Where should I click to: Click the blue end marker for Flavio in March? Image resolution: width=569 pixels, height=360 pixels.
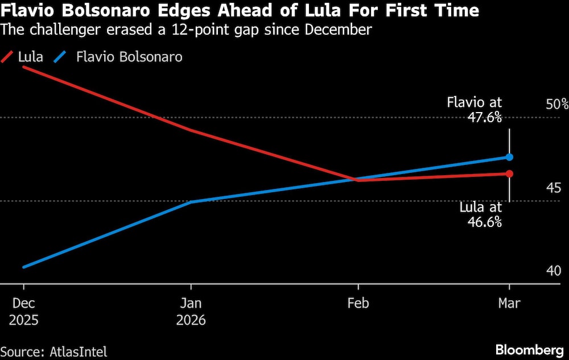coord(509,157)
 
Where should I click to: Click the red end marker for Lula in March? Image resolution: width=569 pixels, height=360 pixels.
coord(509,173)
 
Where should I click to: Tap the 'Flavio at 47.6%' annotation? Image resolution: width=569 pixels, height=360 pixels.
coord(475,110)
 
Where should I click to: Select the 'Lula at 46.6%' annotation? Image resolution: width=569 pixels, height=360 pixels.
coord(481,214)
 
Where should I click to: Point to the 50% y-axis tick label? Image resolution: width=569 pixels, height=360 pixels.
coord(556,104)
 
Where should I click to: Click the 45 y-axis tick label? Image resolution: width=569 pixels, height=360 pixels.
coord(553,188)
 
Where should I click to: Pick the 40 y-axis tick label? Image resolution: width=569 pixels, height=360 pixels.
coord(553,270)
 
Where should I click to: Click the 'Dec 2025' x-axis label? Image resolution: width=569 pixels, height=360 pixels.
coord(23,312)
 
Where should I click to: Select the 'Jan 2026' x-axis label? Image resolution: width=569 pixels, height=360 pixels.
coord(191,312)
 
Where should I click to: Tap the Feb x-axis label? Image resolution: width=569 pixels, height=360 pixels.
coord(358,304)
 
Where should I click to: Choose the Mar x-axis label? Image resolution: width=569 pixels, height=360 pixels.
coord(509,304)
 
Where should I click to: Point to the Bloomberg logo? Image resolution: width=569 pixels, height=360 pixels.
coord(529,349)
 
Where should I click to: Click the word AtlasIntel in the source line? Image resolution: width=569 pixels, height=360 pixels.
coord(76,351)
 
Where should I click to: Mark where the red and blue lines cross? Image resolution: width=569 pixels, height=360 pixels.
coord(354,179)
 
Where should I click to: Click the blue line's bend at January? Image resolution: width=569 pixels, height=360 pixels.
coord(192,202)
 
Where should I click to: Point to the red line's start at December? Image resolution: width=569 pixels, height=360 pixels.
coord(23,67)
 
